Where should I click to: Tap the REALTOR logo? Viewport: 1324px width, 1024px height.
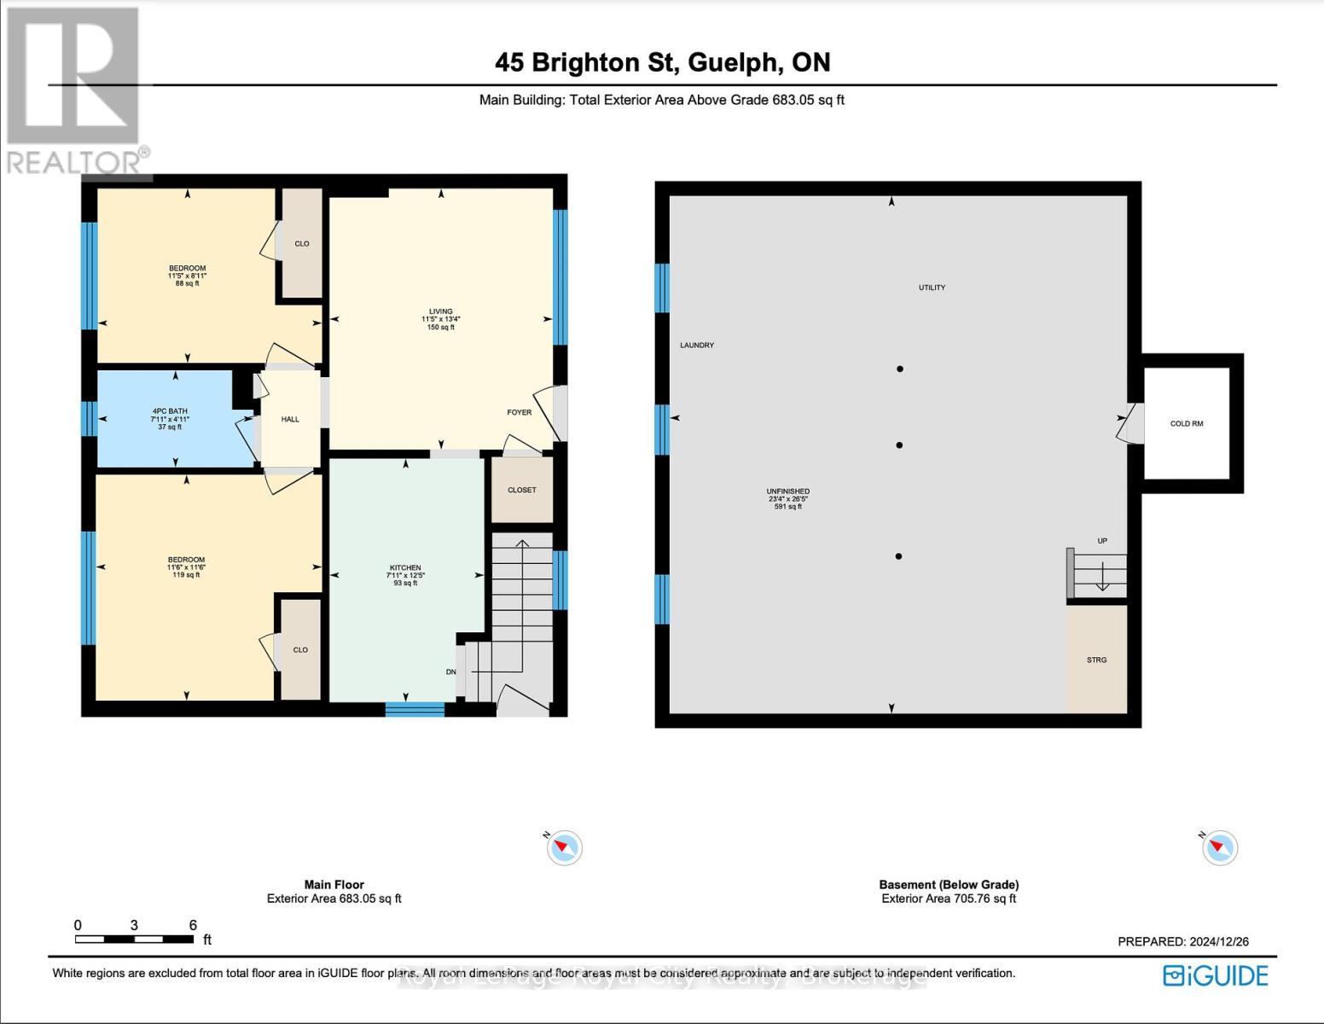pos(75,90)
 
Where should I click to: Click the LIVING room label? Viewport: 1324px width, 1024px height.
pos(441,311)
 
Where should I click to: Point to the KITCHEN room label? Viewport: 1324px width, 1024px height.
pos(405,567)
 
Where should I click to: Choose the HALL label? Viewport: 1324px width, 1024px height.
pos(290,419)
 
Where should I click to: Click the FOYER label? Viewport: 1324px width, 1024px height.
pos(519,412)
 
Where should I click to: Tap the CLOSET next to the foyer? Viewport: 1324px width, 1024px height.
pos(522,490)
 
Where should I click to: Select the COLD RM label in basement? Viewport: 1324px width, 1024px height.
pos(1187,423)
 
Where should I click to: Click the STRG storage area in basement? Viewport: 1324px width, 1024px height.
pos(1096,660)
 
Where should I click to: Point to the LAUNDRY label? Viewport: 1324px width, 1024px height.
pos(697,345)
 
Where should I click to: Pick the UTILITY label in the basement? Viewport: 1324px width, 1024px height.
pos(932,288)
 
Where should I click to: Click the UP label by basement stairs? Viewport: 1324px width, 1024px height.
pos(1102,541)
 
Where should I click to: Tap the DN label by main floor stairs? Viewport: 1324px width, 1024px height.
pos(451,672)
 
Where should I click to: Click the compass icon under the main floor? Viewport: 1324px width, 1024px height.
pos(564,847)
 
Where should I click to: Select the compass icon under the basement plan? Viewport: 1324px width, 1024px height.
pos(1220,847)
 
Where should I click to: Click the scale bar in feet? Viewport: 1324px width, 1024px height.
pos(134,939)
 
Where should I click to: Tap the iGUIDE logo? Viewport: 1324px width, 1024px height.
pos(1217,975)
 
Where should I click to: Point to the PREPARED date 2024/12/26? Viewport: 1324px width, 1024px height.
pos(1183,941)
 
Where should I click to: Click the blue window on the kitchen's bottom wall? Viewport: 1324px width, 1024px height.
pos(415,708)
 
